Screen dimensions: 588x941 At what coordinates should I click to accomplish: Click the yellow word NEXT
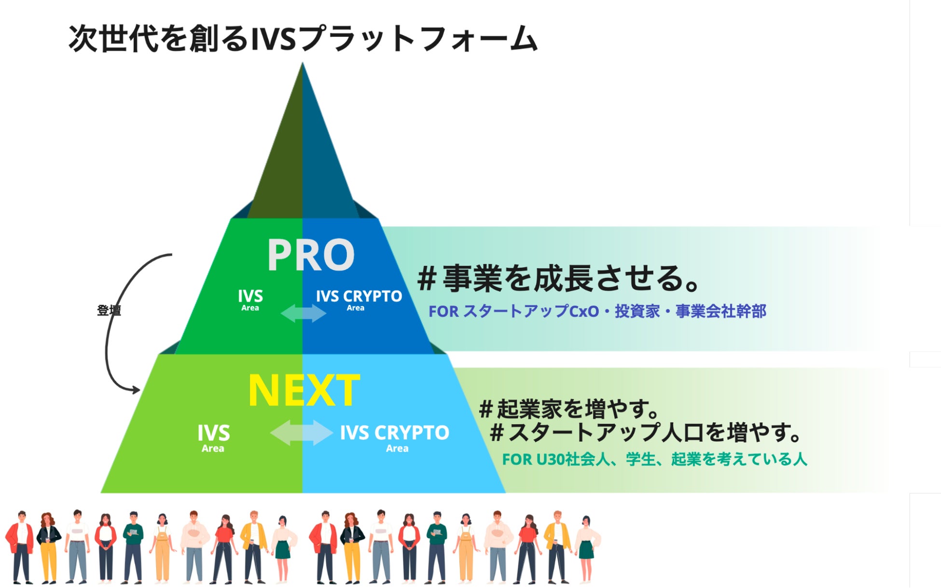pos(304,390)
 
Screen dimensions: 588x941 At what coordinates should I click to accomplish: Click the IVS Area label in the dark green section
pos(250,299)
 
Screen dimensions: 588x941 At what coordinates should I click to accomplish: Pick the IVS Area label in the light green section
pos(213,437)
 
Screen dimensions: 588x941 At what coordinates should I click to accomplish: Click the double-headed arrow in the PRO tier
pos(304,313)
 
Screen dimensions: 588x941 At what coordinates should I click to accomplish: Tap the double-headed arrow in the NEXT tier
pos(301,432)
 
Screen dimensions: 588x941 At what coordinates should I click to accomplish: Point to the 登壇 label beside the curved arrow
pos(109,310)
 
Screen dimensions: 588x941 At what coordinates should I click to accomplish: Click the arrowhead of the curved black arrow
pos(137,389)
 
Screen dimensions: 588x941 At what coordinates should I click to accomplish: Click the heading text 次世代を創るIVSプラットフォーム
pos(303,39)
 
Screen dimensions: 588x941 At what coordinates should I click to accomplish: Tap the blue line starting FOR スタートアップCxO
pos(597,311)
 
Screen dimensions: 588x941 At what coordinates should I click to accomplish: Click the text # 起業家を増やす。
pos(569,409)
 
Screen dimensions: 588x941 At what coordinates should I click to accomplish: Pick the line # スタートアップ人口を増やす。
pos(646,432)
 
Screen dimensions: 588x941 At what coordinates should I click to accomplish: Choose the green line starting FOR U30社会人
pos(654,459)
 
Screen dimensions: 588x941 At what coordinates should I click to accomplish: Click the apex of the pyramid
pos(303,65)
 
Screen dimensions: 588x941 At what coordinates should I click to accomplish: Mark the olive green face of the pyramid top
pos(280,169)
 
